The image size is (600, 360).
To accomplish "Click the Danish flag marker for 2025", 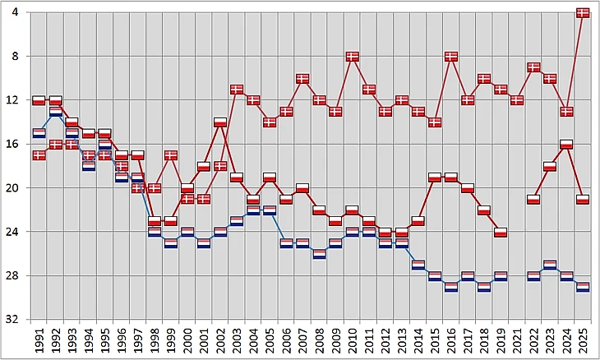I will point(583,12).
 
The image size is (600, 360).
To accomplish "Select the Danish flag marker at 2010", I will point(352,57).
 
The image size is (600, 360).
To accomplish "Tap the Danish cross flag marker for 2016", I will point(451,57).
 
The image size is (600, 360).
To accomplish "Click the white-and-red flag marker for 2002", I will point(220,122).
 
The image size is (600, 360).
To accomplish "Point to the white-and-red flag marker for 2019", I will point(501,233).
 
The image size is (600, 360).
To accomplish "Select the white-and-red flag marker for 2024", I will point(566,144).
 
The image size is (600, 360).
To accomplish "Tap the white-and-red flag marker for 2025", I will point(583,199).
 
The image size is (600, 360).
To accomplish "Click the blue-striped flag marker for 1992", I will point(55,112).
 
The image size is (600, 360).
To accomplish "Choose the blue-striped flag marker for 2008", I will point(319,254).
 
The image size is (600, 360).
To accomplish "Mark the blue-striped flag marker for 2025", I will point(583,287).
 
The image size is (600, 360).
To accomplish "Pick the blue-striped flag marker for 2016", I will point(451,287).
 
